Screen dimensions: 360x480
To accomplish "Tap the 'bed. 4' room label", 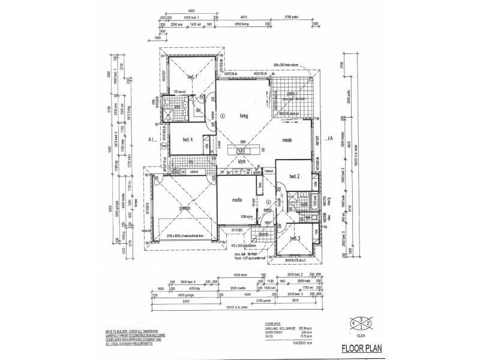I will click(x=187, y=139).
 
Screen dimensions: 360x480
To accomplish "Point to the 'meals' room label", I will click(x=292, y=139).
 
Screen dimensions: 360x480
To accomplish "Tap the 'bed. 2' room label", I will click(x=294, y=176).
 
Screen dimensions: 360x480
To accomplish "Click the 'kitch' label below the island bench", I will click(x=243, y=161).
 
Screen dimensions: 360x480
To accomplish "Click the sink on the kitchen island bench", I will click(x=244, y=150).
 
